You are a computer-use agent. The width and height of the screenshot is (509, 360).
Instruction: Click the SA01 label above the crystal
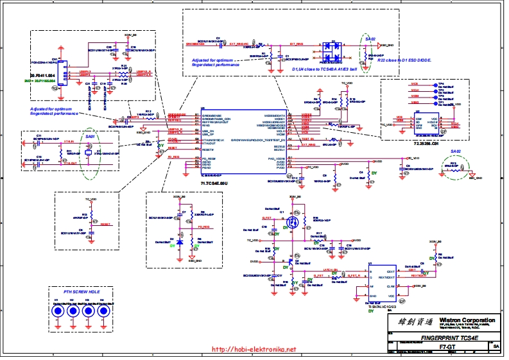coord(90,137)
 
